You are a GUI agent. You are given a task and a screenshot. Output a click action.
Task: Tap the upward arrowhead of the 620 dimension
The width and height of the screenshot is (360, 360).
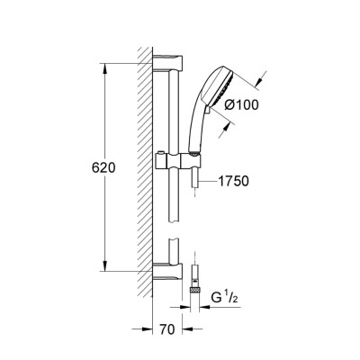[x=105, y=67]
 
